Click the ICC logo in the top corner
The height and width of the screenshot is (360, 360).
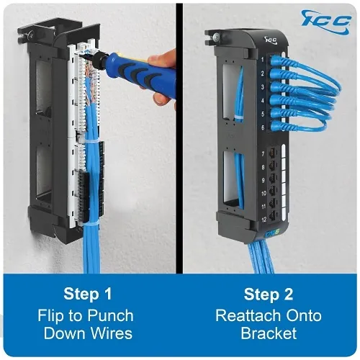tap(326, 21)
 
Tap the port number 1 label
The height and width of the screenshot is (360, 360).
tap(263, 59)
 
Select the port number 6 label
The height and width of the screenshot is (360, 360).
tap(263, 127)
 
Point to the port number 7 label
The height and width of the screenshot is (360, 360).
tap(263, 153)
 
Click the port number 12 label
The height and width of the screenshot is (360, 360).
tap(264, 220)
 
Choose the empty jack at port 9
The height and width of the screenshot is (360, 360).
tap(272, 179)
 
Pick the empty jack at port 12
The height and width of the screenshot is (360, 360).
tap(272, 217)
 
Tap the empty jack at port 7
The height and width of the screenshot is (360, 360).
tap(272, 153)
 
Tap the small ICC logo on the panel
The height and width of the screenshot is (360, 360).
tap(271, 40)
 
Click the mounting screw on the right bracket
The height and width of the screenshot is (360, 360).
tap(217, 37)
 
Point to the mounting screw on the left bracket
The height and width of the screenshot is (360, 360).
tap(30, 35)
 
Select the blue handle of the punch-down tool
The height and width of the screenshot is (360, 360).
tap(143, 73)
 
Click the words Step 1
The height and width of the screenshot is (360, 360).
tap(88, 294)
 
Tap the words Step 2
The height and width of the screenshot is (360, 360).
tap(269, 294)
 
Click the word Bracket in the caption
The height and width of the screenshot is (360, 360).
tap(269, 333)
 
